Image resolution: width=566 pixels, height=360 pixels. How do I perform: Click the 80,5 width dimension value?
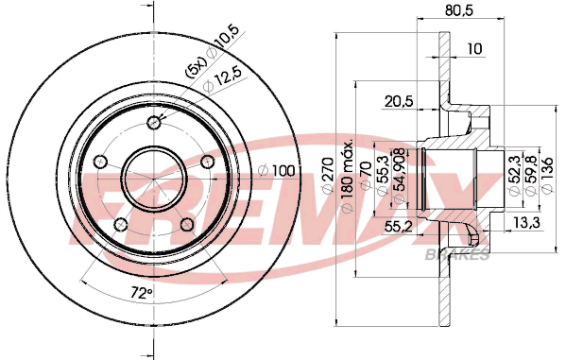[459, 10]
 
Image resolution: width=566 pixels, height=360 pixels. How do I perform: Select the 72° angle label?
[141, 293]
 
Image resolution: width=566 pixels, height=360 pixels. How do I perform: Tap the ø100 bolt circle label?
[277, 171]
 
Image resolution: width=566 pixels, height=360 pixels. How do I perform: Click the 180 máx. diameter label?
[347, 176]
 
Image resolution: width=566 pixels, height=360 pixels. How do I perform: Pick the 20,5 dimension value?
[399, 101]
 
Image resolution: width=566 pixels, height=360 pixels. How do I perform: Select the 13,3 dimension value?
[526, 223]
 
